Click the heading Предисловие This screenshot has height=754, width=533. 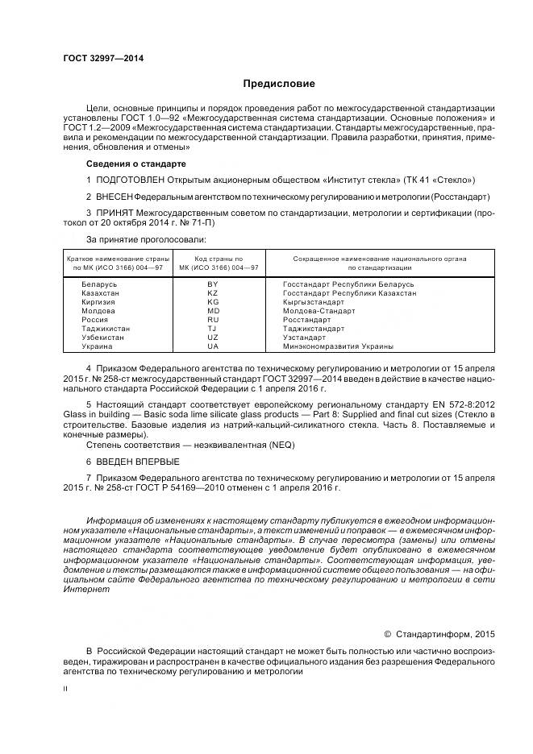pyautogui.click(x=279, y=83)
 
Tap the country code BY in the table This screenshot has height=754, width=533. pyautogui.click(x=213, y=284)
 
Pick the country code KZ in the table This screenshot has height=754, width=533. pyautogui.click(x=213, y=293)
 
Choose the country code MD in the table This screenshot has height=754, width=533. pyautogui.click(x=213, y=311)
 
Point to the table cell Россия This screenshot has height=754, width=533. pyautogui.click(x=95, y=320)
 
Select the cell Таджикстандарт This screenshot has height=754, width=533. pyautogui.click(x=314, y=329)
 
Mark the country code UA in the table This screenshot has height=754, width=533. pyautogui.click(x=213, y=346)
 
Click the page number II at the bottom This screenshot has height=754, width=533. pyautogui.click(x=66, y=690)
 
